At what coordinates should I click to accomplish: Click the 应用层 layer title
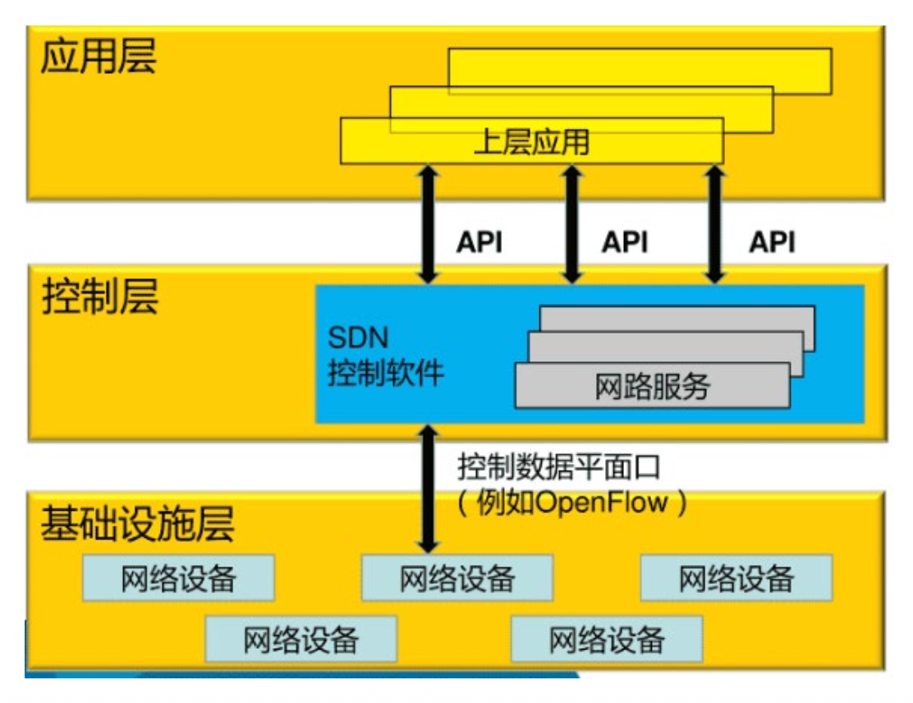pos(98,58)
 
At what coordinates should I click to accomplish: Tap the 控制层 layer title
pos(99,297)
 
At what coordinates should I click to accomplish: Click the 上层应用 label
pos(531,143)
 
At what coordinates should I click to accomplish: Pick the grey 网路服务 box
pos(652,386)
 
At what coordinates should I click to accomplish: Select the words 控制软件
pos(386,374)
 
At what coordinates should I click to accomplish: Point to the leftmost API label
pos(479,242)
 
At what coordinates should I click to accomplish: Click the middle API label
pos(625,242)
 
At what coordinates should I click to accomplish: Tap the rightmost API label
pos(772,242)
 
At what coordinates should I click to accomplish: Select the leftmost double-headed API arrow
pos(428,223)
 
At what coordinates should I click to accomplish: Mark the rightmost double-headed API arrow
pos(714,223)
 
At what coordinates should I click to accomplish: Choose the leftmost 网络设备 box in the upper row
pos(178,578)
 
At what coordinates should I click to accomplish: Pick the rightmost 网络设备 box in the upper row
pos(736,578)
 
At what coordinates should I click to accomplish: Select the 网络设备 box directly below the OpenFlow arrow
pos(457,578)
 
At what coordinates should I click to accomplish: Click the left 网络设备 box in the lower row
pos(301,639)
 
